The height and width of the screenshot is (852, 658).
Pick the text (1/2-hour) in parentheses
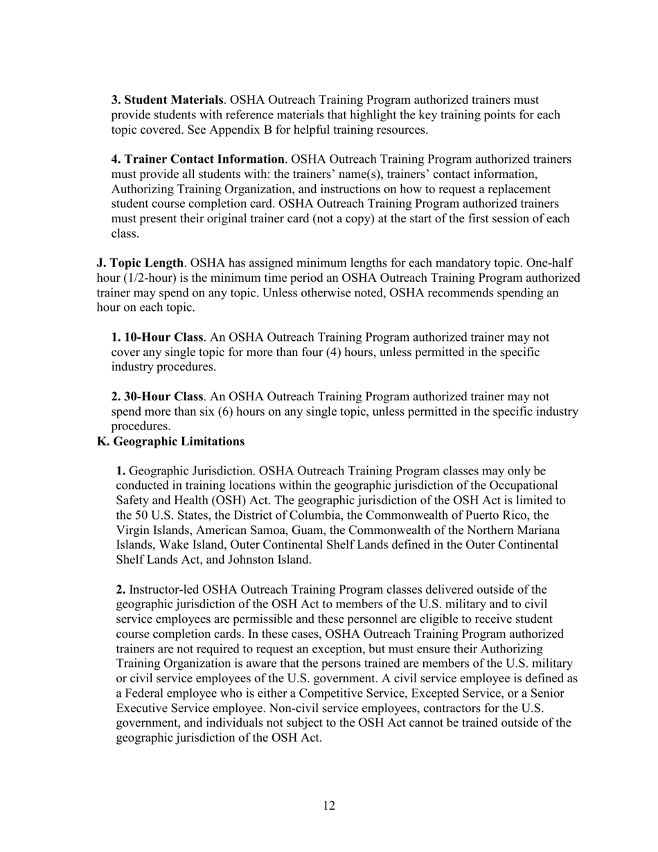pos(150,278)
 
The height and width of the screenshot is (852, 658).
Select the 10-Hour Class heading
pos(157,337)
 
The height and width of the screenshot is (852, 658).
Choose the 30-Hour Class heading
pos(157,397)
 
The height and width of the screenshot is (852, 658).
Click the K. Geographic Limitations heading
pos(170,441)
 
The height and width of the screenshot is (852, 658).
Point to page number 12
pos(329,806)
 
